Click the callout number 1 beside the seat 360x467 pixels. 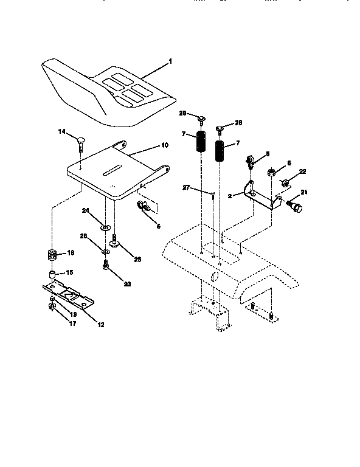point(171,61)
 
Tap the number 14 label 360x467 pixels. point(61,131)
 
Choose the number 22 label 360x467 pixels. point(302,171)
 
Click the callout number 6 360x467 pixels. point(288,163)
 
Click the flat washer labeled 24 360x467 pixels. point(105,227)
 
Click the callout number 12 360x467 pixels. point(101,325)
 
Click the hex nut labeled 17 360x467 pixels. point(53,306)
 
